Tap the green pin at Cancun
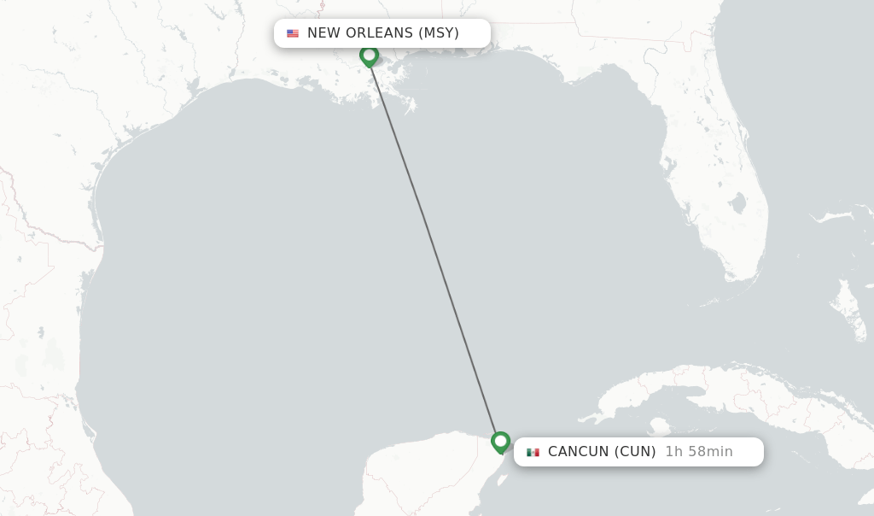(500, 442)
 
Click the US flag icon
(293, 33)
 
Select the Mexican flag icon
(533, 452)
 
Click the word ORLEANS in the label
(379, 33)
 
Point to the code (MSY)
(439, 33)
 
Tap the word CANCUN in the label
(578, 452)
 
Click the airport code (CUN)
(635, 452)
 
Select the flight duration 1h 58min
(699, 452)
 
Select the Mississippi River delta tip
(411, 109)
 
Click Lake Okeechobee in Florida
(737, 203)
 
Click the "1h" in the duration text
(674, 452)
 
